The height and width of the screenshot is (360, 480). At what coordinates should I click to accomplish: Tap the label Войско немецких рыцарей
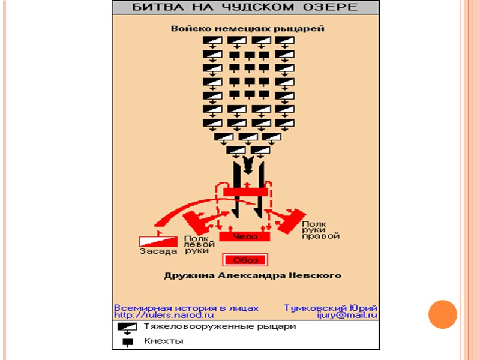pyautogui.click(x=247, y=28)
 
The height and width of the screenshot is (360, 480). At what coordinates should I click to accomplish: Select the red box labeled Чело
pyautogui.click(x=244, y=236)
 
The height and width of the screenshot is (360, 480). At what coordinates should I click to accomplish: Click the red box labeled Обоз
pyautogui.click(x=245, y=260)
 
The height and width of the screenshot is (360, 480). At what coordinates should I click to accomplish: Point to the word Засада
pyautogui.click(x=158, y=251)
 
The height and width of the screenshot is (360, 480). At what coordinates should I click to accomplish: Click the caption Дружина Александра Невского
pyautogui.click(x=253, y=276)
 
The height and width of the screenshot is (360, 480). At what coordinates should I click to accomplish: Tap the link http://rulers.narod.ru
pyautogui.click(x=164, y=315)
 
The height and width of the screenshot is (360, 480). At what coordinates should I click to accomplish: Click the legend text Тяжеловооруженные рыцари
pyautogui.click(x=220, y=328)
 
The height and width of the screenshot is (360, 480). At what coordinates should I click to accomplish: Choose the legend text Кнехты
pyautogui.click(x=163, y=341)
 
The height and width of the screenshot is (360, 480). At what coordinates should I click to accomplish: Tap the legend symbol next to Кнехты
pyautogui.click(x=127, y=343)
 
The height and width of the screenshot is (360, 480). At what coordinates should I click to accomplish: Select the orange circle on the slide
pyautogui.click(x=443, y=314)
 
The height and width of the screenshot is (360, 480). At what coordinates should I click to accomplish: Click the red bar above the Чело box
pyautogui.click(x=245, y=191)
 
